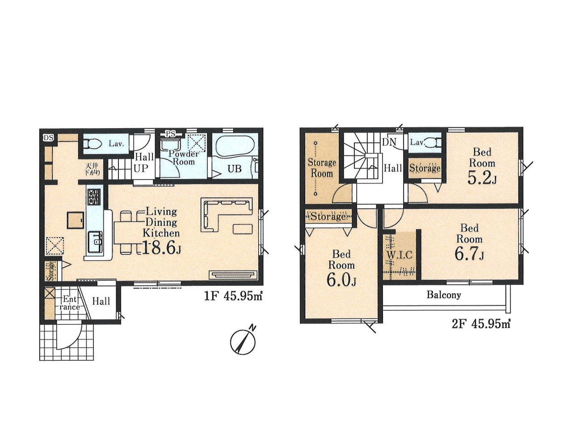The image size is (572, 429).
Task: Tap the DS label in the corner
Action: click(48, 137)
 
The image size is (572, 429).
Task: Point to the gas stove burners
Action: click(94, 197)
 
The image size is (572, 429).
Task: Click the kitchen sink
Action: click(95, 242)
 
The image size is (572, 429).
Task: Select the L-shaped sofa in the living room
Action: click(227, 214)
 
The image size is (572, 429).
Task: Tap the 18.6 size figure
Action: click(161, 248)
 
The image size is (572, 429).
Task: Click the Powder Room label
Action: click(184, 157)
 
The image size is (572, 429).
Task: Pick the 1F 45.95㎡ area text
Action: click(233, 296)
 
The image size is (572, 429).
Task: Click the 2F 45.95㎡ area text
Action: click(481, 325)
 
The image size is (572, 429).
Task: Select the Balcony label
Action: click(444, 295)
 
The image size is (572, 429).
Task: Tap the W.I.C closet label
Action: click(399, 255)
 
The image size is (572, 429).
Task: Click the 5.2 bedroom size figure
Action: click(482, 178)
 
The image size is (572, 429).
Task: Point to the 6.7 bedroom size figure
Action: click(469, 254)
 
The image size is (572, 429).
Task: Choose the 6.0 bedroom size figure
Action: click(341, 280)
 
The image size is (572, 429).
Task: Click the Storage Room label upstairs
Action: click(322, 168)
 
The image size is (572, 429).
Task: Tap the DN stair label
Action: click(389, 142)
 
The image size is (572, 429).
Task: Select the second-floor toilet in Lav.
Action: click(435, 142)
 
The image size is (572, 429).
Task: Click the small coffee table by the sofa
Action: click(243, 229)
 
